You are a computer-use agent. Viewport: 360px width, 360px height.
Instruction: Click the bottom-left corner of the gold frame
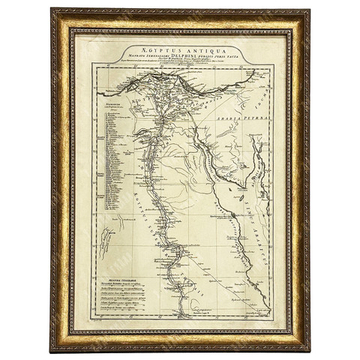tap(52, 349)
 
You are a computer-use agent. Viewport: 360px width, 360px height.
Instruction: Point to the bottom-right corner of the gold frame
tap(308, 349)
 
